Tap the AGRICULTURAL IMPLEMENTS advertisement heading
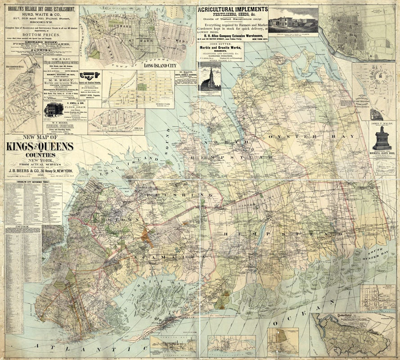(x=232, y=9)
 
